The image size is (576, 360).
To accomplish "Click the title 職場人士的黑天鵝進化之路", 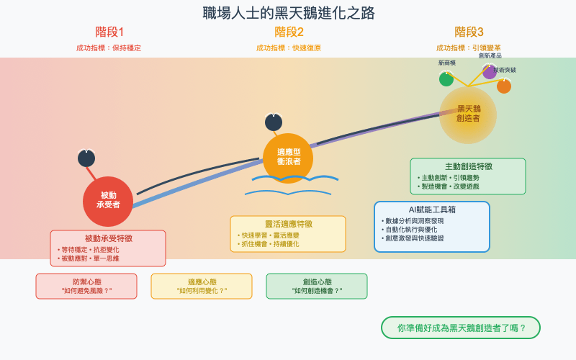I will coord(288,13).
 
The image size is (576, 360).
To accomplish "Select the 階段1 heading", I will coord(109,32).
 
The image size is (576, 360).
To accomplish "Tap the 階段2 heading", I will coord(289,32).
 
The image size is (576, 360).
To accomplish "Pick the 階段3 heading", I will coord(469,32).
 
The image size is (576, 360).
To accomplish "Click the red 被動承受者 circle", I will coord(108,201).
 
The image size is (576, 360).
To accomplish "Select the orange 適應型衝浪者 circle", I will coord(288,158).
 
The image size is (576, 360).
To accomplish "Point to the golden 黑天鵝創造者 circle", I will coord(468,114).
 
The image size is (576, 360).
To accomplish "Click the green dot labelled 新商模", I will coord(446,79).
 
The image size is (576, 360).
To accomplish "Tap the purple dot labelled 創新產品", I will coord(490,72).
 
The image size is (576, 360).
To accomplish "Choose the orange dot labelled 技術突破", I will coord(504,86).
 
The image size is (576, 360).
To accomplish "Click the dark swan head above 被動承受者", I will coord(86,158).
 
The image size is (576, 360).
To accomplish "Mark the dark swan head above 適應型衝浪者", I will coord(274,122).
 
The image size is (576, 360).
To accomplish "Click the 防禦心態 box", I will coord(86,286).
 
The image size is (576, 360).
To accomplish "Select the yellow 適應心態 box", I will coord(202,286).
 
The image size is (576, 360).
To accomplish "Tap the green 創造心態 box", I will coord(317,286).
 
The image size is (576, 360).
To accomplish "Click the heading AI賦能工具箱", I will coord(432,210).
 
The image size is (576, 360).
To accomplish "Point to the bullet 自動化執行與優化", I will coord(411,229).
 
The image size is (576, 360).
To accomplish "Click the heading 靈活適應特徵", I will coord(288,224).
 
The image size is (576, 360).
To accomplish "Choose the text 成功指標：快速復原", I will coord(289,48).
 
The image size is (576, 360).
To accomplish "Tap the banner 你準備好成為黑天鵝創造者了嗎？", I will coord(461,328).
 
